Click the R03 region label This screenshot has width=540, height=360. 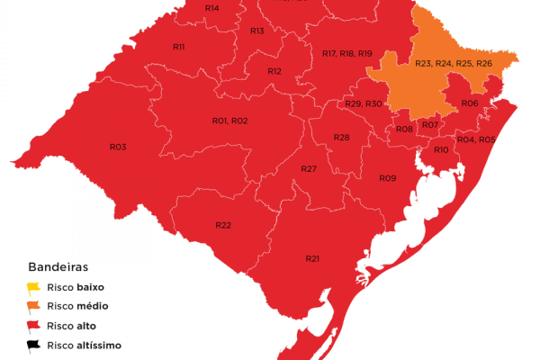[x=118, y=147]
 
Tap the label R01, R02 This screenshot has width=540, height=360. [x=229, y=121]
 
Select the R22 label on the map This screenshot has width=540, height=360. [x=223, y=224]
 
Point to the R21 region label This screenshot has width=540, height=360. [x=312, y=259]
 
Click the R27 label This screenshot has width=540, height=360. [x=309, y=169]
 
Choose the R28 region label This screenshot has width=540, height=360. [x=341, y=138]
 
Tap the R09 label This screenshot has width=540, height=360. [x=387, y=178]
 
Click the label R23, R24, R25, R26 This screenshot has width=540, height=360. [x=454, y=63]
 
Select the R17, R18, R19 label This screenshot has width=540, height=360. [x=347, y=54]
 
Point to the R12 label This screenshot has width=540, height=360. [x=274, y=71]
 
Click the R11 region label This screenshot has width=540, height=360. [x=178, y=47]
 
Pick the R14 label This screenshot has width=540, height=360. [x=211, y=8]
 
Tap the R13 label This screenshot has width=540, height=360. [x=257, y=31]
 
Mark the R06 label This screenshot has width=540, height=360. [x=469, y=103]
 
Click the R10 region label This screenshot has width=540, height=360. [x=441, y=149]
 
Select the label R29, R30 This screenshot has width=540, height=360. [x=364, y=104]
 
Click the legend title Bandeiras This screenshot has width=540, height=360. [x=58, y=267]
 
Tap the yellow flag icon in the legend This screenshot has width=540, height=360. [x=34, y=287]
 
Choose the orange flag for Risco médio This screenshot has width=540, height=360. [x=34, y=306]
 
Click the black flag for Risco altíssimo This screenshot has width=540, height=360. [x=34, y=345]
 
